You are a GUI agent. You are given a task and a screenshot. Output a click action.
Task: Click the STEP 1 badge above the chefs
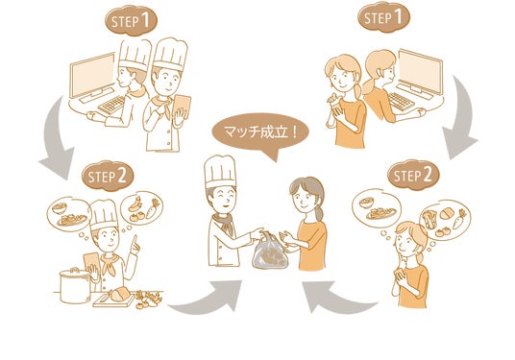tap(131, 21)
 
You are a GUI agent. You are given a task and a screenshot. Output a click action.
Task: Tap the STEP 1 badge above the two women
tap(383, 16)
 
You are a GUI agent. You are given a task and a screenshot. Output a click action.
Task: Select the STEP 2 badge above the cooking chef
tap(108, 177)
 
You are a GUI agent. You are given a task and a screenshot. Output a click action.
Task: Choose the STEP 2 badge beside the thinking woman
tap(413, 175)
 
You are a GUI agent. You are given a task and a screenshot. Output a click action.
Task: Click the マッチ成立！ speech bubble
tap(261, 134)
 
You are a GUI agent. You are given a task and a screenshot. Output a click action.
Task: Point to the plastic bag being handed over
tap(270, 252)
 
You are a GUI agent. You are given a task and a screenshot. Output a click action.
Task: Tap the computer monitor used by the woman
tap(421, 73)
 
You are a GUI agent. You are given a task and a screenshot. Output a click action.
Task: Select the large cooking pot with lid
tap(75, 285)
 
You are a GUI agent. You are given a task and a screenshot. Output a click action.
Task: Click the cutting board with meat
tap(114, 298)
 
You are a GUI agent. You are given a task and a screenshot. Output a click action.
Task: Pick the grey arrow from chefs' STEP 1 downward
tap(56, 139)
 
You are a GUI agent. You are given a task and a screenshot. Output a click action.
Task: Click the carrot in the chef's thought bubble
tap(152, 208)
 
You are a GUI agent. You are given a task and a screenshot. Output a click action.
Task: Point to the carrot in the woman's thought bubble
tap(459, 219)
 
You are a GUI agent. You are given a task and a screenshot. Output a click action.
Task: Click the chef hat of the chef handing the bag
tap(220, 172)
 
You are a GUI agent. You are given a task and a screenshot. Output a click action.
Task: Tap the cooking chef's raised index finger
tap(135, 241)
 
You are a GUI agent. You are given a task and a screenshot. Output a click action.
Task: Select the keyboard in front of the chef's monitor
tap(111, 105)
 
